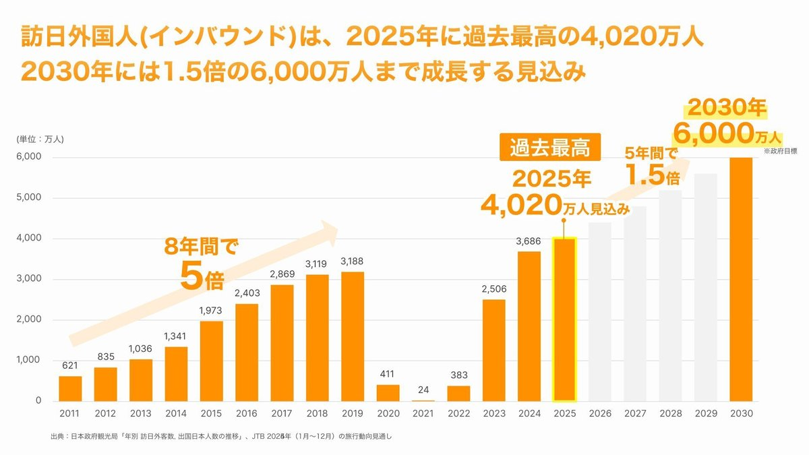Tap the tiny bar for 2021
pos(423,400)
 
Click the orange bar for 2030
pos(741,279)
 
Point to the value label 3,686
pos(529,241)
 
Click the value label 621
pos(70,365)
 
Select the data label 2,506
pos(493,289)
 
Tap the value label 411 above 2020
pos(388,373)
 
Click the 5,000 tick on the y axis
pos(29,198)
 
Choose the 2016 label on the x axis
pos(246,413)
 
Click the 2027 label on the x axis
pos(634,413)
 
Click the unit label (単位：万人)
pos(40,140)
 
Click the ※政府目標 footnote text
pos(779,152)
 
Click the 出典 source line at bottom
pos(220,436)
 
